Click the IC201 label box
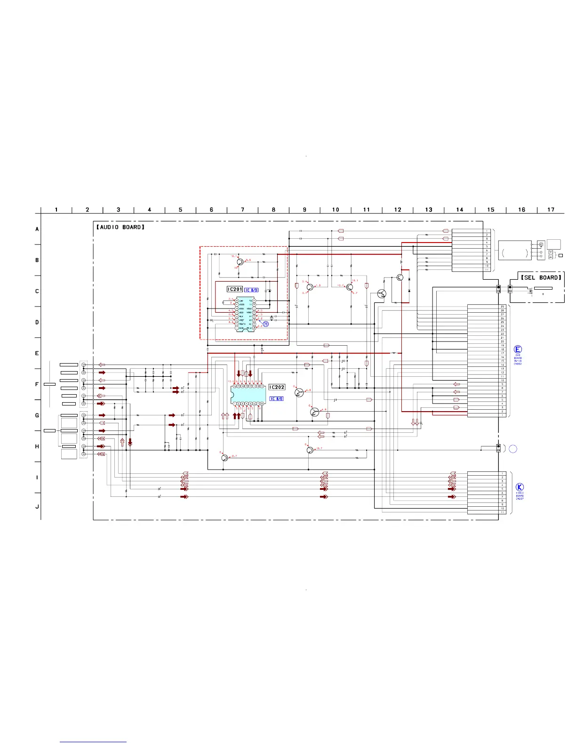coord(235,289)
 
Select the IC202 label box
coord(277,387)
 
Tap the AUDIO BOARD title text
coord(120,227)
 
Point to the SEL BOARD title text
coord(541,277)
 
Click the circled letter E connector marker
coord(518,349)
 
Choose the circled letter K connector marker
coord(520,487)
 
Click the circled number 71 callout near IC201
coord(266,324)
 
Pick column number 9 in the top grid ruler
coord(304,210)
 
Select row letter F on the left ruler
coord(37,384)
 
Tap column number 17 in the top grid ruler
coord(551,210)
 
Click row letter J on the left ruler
coord(37,507)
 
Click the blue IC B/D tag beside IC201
coord(251,290)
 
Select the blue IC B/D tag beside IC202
coord(276,399)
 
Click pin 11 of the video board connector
coord(502,512)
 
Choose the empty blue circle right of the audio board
coord(513,449)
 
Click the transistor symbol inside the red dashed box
coord(240,262)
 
